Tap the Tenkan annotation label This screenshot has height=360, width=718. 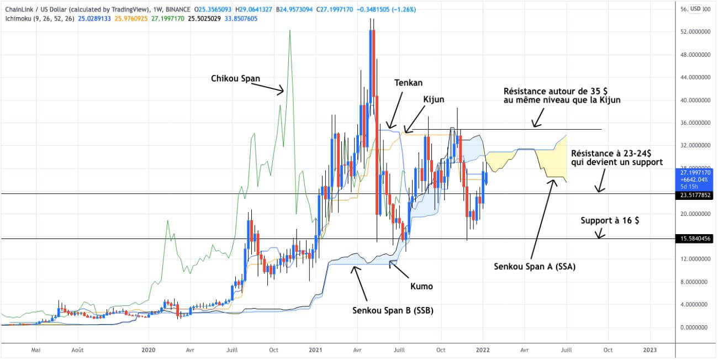click(x=408, y=83)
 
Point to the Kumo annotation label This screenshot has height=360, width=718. click(x=422, y=286)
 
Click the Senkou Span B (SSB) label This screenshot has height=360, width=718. click(x=393, y=310)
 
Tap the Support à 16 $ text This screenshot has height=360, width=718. click(x=610, y=220)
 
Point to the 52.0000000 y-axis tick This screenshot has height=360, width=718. click(x=694, y=32)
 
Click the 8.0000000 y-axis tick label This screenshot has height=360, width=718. click(x=694, y=282)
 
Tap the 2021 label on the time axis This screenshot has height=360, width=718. click(x=315, y=350)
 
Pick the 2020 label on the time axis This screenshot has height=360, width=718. click(x=148, y=350)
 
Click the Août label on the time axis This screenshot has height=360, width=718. click(x=78, y=350)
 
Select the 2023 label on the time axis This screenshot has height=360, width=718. click(x=650, y=350)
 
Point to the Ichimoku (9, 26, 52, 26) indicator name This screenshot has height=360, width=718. click(x=38, y=18)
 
